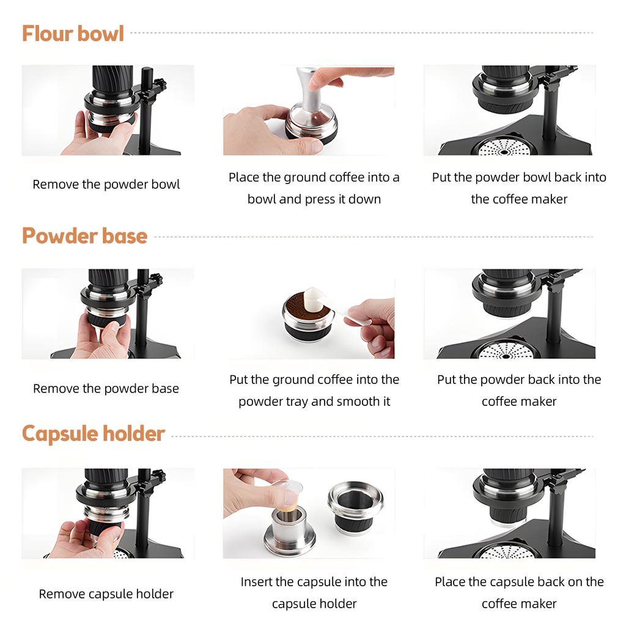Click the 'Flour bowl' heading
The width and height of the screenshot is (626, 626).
73,33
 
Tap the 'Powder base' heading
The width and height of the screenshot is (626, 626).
84,235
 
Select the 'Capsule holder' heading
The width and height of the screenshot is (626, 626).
94,433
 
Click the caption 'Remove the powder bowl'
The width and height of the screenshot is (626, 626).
106,185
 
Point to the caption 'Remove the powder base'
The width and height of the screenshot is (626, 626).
106,388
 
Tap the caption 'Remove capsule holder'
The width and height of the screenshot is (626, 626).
106,594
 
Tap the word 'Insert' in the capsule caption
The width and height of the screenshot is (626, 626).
256,582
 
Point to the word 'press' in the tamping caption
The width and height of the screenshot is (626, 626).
320,199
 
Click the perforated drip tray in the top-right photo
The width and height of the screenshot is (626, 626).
504,147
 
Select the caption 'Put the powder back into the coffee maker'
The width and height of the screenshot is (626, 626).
519,390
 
